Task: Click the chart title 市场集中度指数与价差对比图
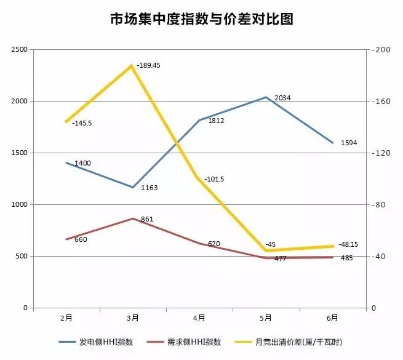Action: (201, 19)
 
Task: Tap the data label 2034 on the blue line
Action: (283, 98)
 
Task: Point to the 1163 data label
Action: (150, 187)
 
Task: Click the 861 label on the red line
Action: (147, 218)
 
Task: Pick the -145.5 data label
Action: (82, 123)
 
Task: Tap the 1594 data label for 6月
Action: (348, 143)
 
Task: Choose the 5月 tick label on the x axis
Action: (266, 318)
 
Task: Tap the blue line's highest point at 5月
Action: (266, 97)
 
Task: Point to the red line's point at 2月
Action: (66, 239)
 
